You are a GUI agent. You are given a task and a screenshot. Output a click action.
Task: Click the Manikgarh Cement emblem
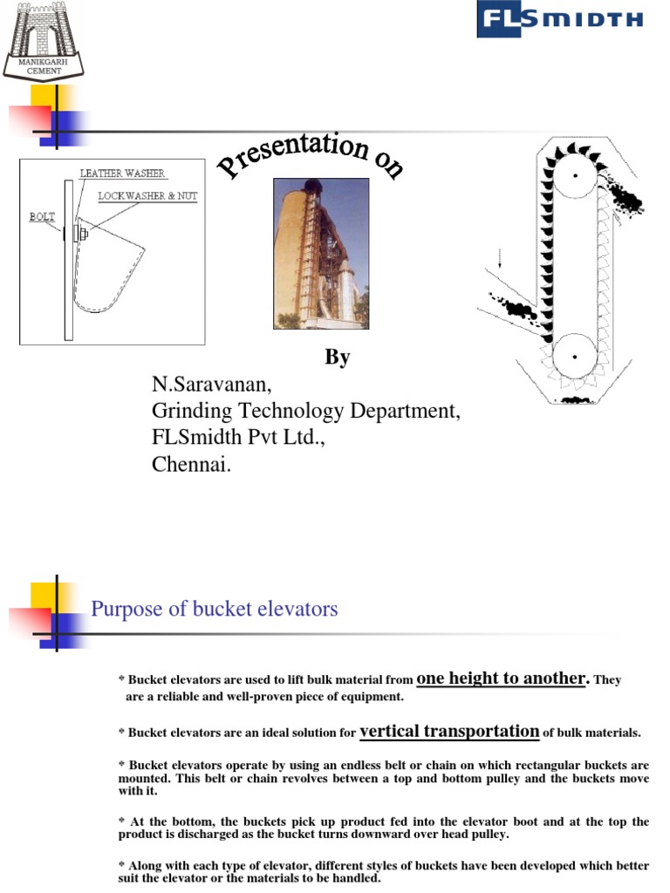(44, 39)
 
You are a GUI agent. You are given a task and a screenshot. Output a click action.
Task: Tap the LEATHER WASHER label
(122, 174)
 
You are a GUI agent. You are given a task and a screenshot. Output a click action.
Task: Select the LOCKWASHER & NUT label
(147, 197)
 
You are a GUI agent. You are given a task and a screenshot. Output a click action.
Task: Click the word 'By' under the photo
(337, 358)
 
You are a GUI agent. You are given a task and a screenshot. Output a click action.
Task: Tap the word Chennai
(192, 464)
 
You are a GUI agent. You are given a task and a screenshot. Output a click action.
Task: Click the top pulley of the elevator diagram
(575, 175)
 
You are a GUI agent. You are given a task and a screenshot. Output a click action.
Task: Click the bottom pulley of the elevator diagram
(575, 355)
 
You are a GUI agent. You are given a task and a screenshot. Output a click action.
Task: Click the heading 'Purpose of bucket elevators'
(214, 609)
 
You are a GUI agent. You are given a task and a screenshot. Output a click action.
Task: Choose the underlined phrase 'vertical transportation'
(449, 731)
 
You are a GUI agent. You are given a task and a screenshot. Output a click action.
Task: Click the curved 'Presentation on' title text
(310, 157)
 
